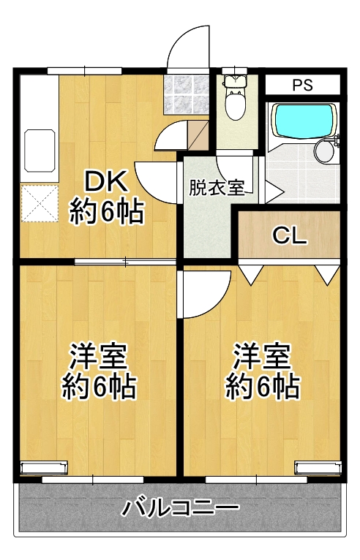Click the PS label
coord(302,85)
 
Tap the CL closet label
coord(290,235)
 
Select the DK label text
coord(106,181)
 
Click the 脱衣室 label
coord(217,187)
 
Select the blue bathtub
coord(304,121)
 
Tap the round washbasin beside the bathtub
coord(324,151)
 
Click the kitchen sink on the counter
coord(40,151)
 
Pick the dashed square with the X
coord(40,203)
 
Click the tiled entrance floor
coord(187,94)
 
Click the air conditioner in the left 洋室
coord(44,467)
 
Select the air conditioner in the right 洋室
coord(318,467)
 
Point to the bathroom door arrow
coord(274,192)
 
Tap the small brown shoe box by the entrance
coord(198,136)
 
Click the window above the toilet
coord(235,71)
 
